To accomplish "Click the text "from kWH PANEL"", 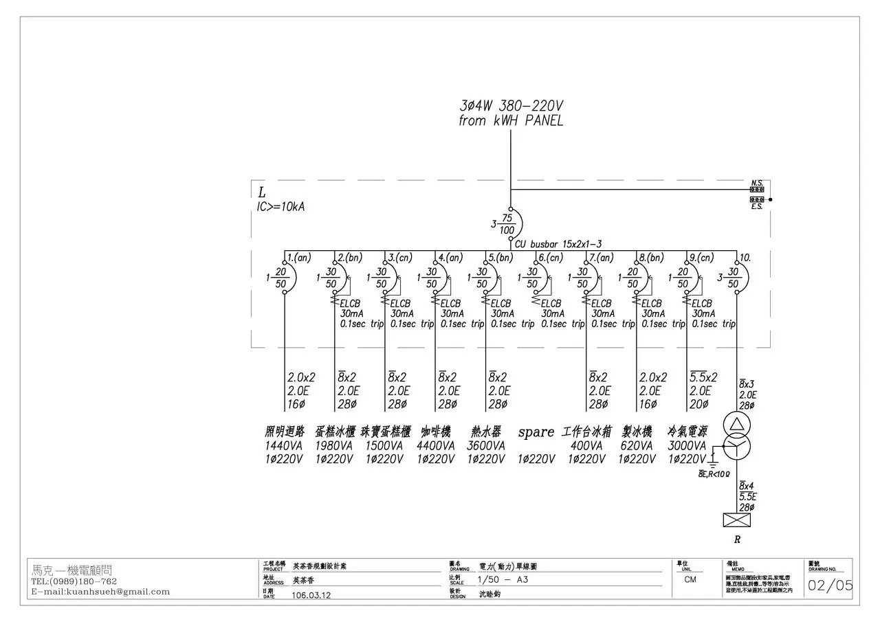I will tap(511, 121).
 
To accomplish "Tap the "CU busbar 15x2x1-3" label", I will tap(558, 244).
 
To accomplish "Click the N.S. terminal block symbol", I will tap(757, 189).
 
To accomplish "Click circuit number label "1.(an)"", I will tap(299, 258).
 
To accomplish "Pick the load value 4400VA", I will tap(436, 445).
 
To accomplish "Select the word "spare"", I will tap(536, 432).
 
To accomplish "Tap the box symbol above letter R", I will tap(736, 520).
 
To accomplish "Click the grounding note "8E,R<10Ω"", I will tap(713, 474).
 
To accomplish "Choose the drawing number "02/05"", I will tap(830, 586).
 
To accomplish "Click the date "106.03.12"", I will tap(311, 595).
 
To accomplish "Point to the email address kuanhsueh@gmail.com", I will tap(100, 591).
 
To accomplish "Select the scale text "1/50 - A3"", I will tap(503, 579).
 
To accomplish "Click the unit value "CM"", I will tap(690, 579).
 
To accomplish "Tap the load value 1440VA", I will tap(284, 445).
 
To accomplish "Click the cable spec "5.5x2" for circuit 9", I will tap(703, 377).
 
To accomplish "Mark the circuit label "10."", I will tap(744, 258).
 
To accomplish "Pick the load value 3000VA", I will tap(687, 445).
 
